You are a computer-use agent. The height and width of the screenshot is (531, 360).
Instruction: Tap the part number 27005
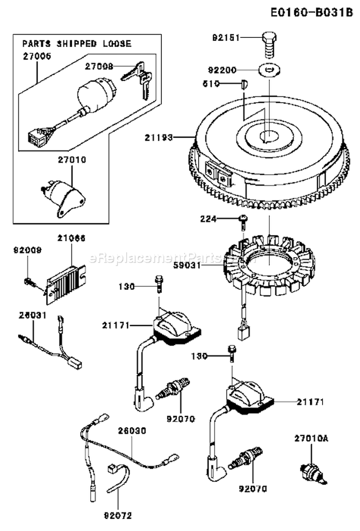point(36,56)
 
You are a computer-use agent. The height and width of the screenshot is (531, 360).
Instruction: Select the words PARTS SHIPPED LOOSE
point(77,43)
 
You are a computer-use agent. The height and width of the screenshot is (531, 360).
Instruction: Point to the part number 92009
point(28,250)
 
